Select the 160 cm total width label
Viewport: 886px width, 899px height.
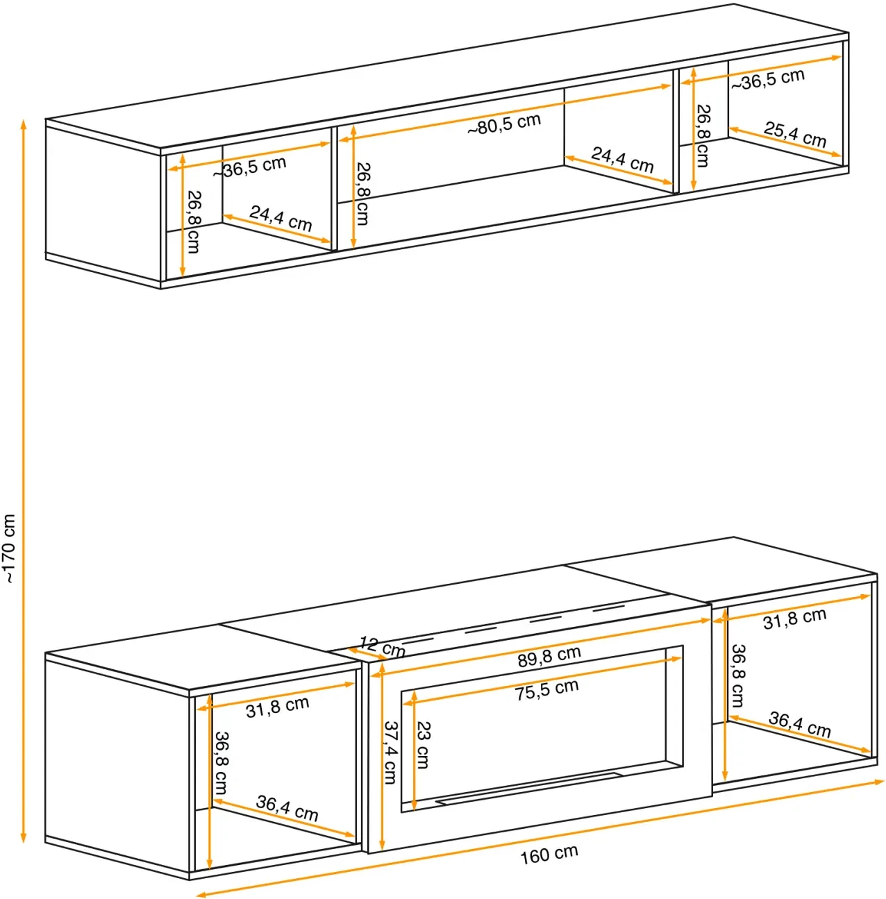[549, 853]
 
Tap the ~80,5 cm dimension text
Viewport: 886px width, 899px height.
[504, 124]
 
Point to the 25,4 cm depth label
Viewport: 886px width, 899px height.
[794, 135]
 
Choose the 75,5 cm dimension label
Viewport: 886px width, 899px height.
[546, 690]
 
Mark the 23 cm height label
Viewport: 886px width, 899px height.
[422, 745]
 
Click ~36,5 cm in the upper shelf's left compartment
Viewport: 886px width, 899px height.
[249, 167]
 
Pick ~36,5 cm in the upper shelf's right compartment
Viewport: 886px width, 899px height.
[767, 79]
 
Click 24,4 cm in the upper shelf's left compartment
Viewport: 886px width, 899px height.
[281, 219]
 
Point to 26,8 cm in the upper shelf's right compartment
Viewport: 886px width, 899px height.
[703, 135]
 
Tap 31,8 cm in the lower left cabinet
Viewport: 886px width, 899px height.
[277, 707]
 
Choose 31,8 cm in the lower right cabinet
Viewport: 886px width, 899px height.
[794, 619]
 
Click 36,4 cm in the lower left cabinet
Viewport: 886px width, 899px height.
[287, 808]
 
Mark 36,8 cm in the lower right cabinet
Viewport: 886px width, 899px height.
[737, 675]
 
